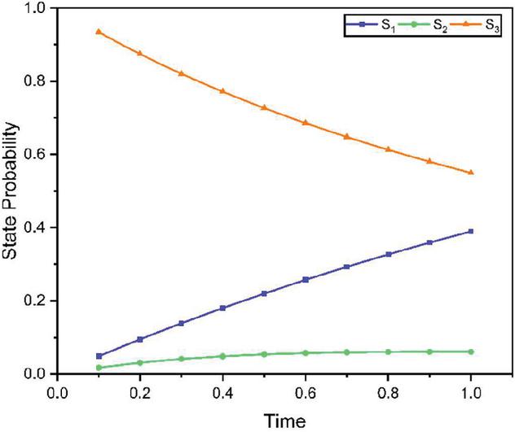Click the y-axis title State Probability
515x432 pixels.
pyautogui.click(x=12, y=190)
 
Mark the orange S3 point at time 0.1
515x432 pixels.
pyautogui.click(x=99, y=32)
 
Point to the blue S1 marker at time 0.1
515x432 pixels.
pyautogui.click(x=99, y=356)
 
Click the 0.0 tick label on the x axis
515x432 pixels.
pyautogui.click(x=55, y=393)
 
